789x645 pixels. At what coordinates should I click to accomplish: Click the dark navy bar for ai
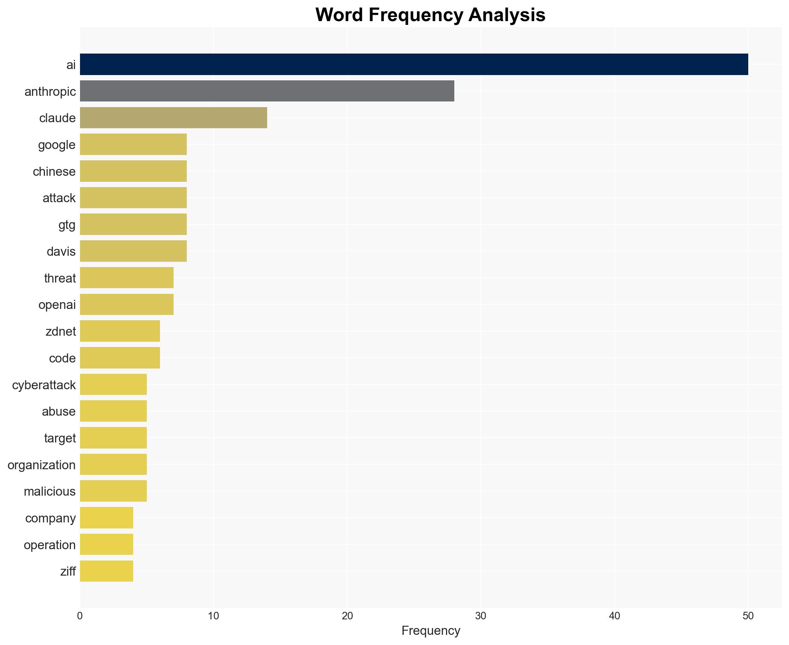pos(414,64)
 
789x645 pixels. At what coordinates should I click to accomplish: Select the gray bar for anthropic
pos(267,91)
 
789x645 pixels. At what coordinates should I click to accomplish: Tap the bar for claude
pos(173,118)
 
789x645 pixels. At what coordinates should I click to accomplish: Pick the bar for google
pos(133,144)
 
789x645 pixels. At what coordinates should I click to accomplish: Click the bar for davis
pos(133,251)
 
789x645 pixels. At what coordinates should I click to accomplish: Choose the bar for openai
pos(126,304)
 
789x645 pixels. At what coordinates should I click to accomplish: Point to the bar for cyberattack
pos(113,384)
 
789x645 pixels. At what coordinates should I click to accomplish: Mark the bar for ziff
pos(106,571)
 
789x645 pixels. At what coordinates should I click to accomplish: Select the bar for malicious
pos(113,491)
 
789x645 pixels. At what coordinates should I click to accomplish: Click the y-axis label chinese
pos(54,172)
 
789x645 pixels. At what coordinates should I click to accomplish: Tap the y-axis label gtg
pos(67,225)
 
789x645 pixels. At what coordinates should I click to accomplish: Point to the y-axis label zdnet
pos(60,332)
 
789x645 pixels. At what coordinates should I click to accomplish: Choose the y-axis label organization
pos(42,465)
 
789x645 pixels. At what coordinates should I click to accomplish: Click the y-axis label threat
pos(60,278)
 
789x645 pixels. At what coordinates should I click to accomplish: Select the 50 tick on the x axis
pos(748,616)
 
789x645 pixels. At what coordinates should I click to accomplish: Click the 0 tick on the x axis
pos(80,616)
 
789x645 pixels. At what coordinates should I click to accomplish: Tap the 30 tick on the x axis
pos(481,616)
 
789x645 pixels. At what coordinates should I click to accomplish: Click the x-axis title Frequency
pos(431,631)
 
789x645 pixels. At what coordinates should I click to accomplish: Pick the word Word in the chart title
pos(339,15)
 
